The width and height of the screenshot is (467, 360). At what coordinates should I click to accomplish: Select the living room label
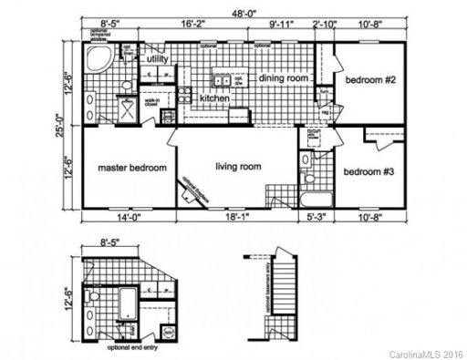point(238,166)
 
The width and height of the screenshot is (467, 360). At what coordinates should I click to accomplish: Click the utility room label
point(158,59)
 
